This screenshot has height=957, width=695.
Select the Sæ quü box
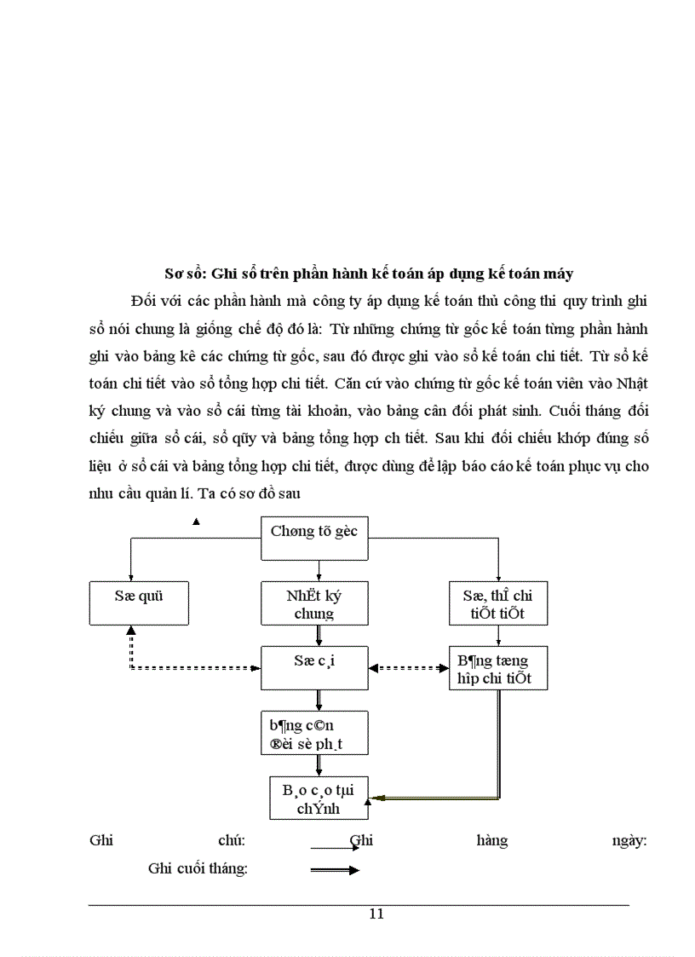[x=139, y=602]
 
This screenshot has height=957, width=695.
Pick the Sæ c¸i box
[x=314, y=667]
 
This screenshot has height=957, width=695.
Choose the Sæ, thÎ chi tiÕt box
[x=497, y=603]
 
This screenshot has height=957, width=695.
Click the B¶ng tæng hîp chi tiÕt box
[x=497, y=668]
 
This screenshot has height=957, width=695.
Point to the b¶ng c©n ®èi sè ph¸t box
[x=314, y=734]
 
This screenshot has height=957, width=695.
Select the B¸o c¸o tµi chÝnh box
[x=319, y=798]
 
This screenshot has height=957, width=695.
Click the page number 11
[x=376, y=914]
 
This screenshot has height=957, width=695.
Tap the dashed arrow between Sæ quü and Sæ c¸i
[x=196, y=669]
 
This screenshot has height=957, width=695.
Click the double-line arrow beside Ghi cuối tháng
[x=335, y=870]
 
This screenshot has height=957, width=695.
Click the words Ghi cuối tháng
[x=198, y=869]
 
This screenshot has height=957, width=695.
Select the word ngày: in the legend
[x=629, y=841]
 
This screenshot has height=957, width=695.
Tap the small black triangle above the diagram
[x=196, y=521]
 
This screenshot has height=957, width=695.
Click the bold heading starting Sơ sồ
[x=368, y=274]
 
